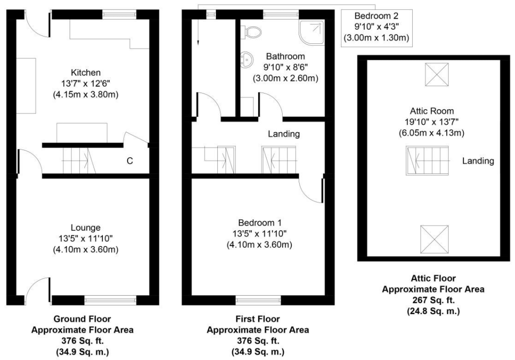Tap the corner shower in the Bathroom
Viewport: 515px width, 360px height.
311,32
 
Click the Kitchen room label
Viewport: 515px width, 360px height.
86,73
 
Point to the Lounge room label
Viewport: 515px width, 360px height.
86,227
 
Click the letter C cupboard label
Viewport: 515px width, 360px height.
130,161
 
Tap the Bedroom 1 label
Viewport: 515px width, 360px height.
260,223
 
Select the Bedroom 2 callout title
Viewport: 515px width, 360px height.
377,16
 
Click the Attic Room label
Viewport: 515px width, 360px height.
432,111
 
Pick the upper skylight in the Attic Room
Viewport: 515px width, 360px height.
437,74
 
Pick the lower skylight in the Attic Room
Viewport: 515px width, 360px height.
435,240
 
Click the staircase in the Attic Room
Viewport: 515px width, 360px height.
427,161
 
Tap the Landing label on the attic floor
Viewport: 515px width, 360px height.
478,161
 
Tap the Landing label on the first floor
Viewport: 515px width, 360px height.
284,134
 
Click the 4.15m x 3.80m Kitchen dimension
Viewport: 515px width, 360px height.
86,95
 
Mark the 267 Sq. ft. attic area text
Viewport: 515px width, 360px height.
434,300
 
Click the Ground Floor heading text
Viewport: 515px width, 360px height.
82,319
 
